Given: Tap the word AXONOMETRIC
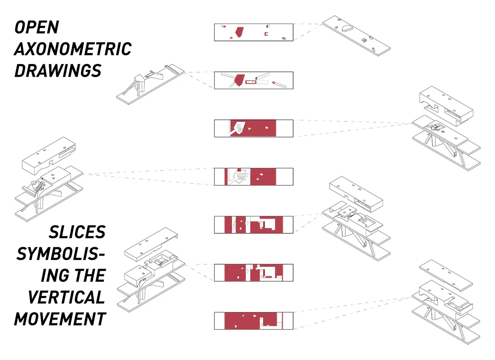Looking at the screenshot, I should coord(73,49).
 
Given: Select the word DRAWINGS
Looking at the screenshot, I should coord(58,70).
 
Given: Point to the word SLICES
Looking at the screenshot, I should coord(77,232).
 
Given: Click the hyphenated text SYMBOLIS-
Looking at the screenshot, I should coord(61,254).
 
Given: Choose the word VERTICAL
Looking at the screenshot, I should coord(66,297).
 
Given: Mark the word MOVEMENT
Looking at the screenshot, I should coord(60,319).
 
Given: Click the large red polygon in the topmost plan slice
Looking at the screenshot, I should coord(239,32).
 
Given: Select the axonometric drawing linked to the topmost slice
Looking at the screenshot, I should coord(356,36).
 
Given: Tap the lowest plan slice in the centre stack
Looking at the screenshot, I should coord(254,320).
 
